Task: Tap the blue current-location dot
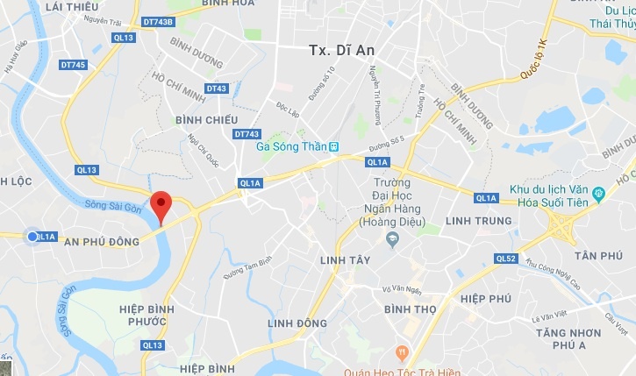point(32,237)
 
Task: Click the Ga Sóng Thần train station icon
point(333,146)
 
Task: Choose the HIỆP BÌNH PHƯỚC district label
point(142,316)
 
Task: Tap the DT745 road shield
point(73,64)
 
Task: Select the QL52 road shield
point(506,259)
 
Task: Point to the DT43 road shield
point(217,89)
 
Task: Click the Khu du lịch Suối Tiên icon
point(598,192)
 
